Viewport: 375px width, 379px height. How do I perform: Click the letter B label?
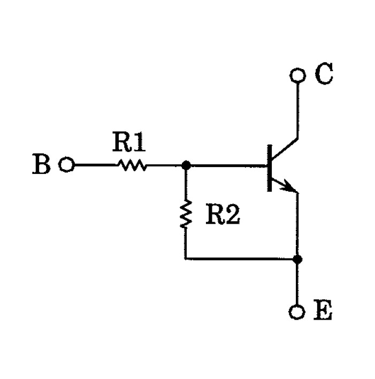click(x=42, y=164)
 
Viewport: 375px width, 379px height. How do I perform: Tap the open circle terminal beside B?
click(x=66, y=164)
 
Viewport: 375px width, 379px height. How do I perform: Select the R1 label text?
click(x=129, y=142)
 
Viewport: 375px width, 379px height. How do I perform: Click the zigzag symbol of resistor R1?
click(x=132, y=165)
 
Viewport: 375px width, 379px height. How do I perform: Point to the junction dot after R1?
click(x=186, y=165)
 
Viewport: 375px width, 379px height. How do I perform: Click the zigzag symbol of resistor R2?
click(x=186, y=214)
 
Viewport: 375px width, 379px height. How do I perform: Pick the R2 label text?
click(x=223, y=214)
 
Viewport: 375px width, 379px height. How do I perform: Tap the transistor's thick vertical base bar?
click(x=270, y=168)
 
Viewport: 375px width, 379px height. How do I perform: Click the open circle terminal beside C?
click(x=297, y=75)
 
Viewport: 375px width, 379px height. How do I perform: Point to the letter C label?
click(x=324, y=73)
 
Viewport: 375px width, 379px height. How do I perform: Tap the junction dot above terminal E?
click(x=297, y=259)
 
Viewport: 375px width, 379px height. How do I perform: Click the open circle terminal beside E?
click(x=297, y=312)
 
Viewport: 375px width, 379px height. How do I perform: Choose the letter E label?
click(x=323, y=310)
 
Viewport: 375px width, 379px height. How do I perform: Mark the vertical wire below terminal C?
click(x=297, y=110)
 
